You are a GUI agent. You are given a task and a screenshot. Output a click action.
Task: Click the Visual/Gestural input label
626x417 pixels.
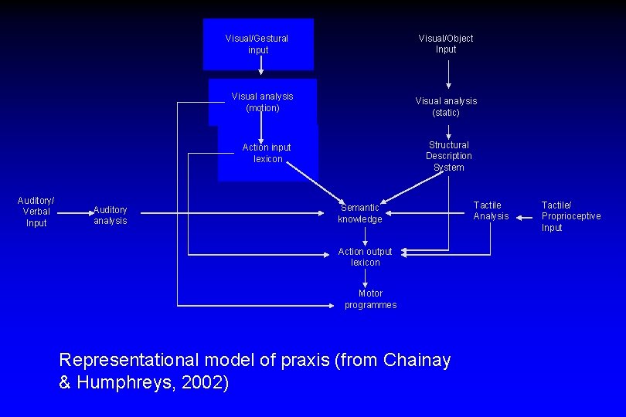257,44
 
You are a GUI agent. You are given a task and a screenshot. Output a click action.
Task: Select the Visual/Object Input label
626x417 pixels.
446,44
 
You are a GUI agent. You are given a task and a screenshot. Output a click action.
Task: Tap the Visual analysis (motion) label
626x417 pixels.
262,102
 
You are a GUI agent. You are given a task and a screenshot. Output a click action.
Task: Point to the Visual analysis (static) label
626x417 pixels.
446,107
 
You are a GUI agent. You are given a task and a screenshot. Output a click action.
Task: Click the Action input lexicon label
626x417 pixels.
267,153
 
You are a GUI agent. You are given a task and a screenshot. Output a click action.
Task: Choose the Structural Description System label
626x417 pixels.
448,156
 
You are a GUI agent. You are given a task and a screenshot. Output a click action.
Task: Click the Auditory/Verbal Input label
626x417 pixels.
36,212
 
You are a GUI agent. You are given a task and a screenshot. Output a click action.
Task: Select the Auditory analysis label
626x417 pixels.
110,215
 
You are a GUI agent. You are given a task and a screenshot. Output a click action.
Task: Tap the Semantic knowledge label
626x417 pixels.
360,213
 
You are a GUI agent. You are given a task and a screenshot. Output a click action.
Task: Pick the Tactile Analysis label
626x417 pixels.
491,210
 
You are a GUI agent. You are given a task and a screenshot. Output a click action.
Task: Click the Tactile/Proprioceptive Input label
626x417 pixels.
570,216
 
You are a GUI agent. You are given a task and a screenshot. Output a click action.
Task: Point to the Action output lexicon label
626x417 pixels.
365,256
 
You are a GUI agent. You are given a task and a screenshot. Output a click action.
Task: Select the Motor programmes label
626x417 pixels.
370,299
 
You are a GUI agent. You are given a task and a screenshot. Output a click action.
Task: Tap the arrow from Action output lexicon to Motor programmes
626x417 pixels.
366,276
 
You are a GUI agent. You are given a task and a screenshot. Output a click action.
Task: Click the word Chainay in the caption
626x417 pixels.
417,360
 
